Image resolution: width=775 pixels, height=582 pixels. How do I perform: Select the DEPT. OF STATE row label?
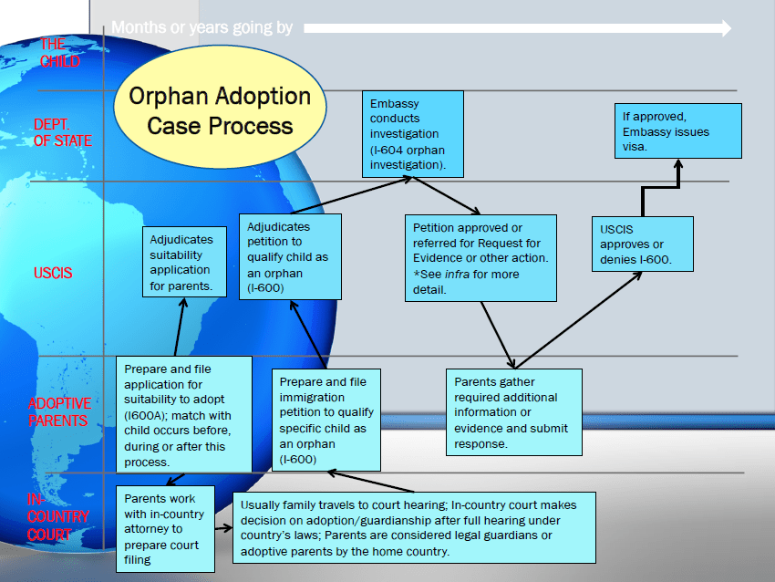[x=62, y=133]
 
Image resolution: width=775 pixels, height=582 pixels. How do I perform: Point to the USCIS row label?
[x=53, y=273]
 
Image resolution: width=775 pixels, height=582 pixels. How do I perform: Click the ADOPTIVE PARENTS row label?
[x=59, y=412]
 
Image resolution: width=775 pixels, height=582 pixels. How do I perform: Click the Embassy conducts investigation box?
[x=413, y=134]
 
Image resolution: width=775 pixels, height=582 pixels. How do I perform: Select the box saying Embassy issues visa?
[x=678, y=131]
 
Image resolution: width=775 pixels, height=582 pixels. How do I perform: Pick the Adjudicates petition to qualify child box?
[x=290, y=256]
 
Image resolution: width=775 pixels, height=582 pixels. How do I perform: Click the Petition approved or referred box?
[x=480, y=258]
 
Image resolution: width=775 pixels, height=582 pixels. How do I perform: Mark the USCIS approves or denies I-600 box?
[x=642, y=244]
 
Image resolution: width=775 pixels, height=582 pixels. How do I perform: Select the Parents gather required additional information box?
[x=513, y=411]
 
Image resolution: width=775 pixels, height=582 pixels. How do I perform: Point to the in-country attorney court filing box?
[x=165, y=528]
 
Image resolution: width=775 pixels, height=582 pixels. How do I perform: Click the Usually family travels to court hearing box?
[x=415, y=527]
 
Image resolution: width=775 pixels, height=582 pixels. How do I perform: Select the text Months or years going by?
[x=202, y=28]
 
